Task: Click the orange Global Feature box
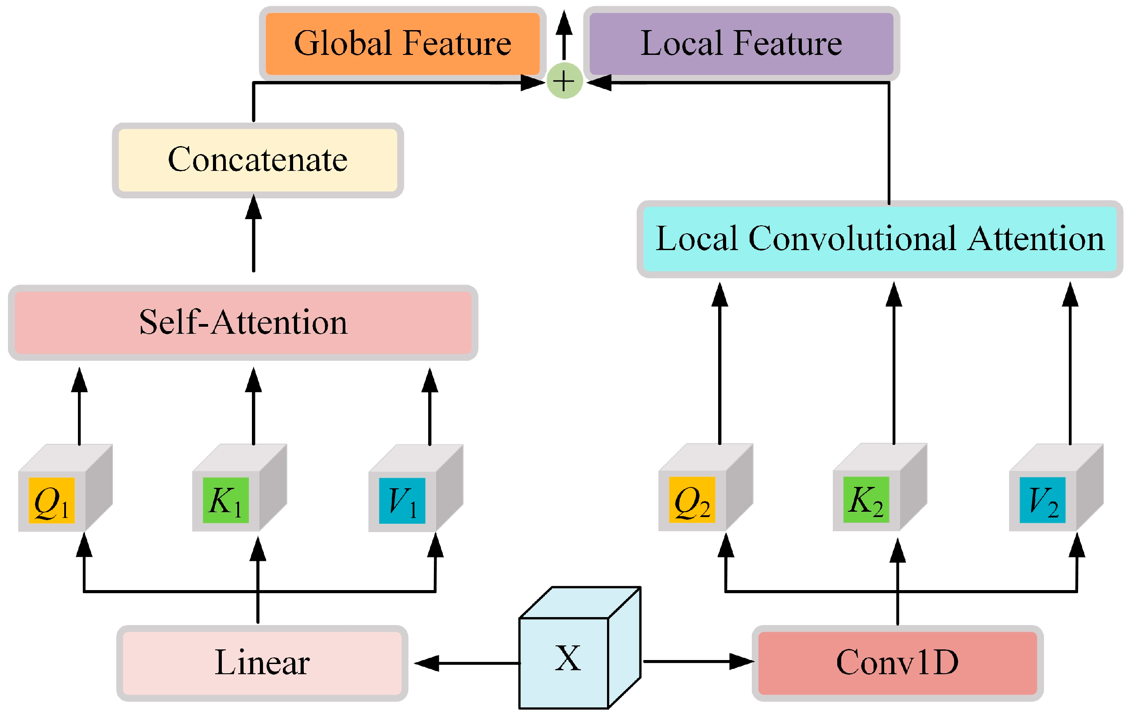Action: click(x=402, y=43)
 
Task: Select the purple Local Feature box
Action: click(x=741, y=43)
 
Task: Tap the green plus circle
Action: click(x=564, y=81)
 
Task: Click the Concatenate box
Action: click(x=257, y=160)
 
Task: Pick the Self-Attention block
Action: click(x=243, y=323)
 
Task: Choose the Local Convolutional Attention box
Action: click(x=879, y=239)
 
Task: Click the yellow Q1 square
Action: click(x=52, y=501)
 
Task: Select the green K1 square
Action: click(x=225, y=501)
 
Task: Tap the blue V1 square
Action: click(x=402, y=501)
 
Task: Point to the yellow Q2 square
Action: click(x=692, y=500)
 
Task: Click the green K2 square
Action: click(x=866, y=500)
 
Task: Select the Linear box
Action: click(x=262, y=663)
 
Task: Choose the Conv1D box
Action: click(x=897, y=663)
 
